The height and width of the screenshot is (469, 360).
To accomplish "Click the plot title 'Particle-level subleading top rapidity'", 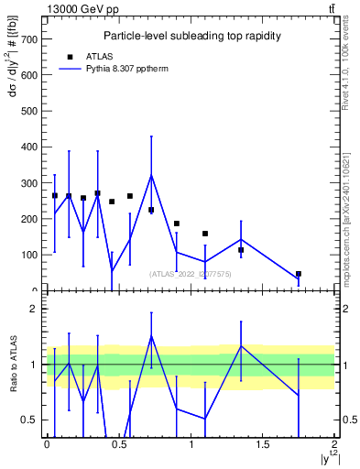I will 191,36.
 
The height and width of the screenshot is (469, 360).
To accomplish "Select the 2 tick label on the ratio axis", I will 32,310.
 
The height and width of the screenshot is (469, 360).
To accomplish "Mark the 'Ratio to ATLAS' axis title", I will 14,365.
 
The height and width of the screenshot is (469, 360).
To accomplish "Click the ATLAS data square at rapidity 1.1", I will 205,234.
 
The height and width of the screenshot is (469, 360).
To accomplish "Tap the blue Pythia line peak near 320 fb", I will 151,175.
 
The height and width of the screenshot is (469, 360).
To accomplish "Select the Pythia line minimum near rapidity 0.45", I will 112,271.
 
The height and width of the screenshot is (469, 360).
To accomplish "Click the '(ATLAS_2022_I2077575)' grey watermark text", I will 191,273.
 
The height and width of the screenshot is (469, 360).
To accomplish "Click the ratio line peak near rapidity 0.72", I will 151,336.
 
